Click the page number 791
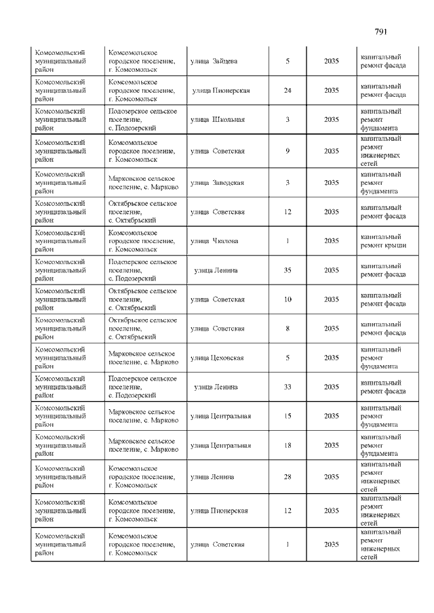(x=380, y=31)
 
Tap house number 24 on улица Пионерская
(x=288, y=91)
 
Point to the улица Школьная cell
(x=218, y=120)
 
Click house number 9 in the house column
(x=288, y=151)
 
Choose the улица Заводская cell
(x=218, y=183)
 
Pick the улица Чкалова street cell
(x=214, y=241)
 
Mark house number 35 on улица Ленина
(x=288, y=270)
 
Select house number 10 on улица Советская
(x=288, y=299)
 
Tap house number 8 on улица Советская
(x=288, y=329)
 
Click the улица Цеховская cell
(x=217, y=358)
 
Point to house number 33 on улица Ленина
(x=288, y=387)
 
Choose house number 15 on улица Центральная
(x=288, y=417)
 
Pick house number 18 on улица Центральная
(x=288, y=446)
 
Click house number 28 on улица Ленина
(x=288, y=477)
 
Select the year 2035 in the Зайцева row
(x=332, y=62)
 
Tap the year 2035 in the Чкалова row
(x=332, y=241)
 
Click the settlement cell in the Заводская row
(x=143, y=183)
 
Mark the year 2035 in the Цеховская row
(x=332, y=358)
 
